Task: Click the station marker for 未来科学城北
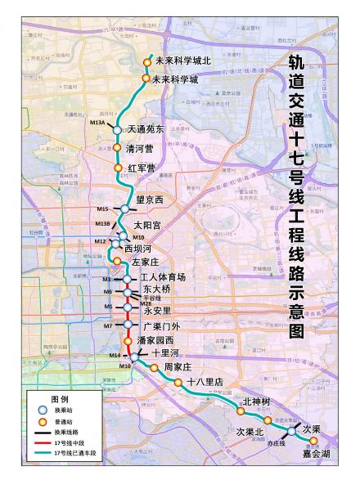pyautogui.click(x=148, y=61)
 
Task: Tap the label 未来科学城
pyautogui.click(x=177, y=79)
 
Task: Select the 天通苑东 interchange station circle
pyautogui.click(x=117, y=130)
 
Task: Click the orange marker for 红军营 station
pyautogui.click(x=118, y=168)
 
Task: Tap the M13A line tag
pyautogui.click(x=98, y=122)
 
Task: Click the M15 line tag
pyautogui.click(x=102, y=209)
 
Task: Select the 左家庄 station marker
pyautogui.click(x=117, y=262)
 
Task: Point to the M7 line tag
pyautogui.click(x=108, y=326)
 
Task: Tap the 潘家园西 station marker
pyautogui.click(x=128, y=341)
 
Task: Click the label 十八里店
pyautogui.click(x=205, y=382)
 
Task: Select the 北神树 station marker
pyautogui.click(x=241, y=412)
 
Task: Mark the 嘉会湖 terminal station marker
pyautogui.click(x=313, y=441)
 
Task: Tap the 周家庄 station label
pyautogui.click(x=178, y=367)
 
